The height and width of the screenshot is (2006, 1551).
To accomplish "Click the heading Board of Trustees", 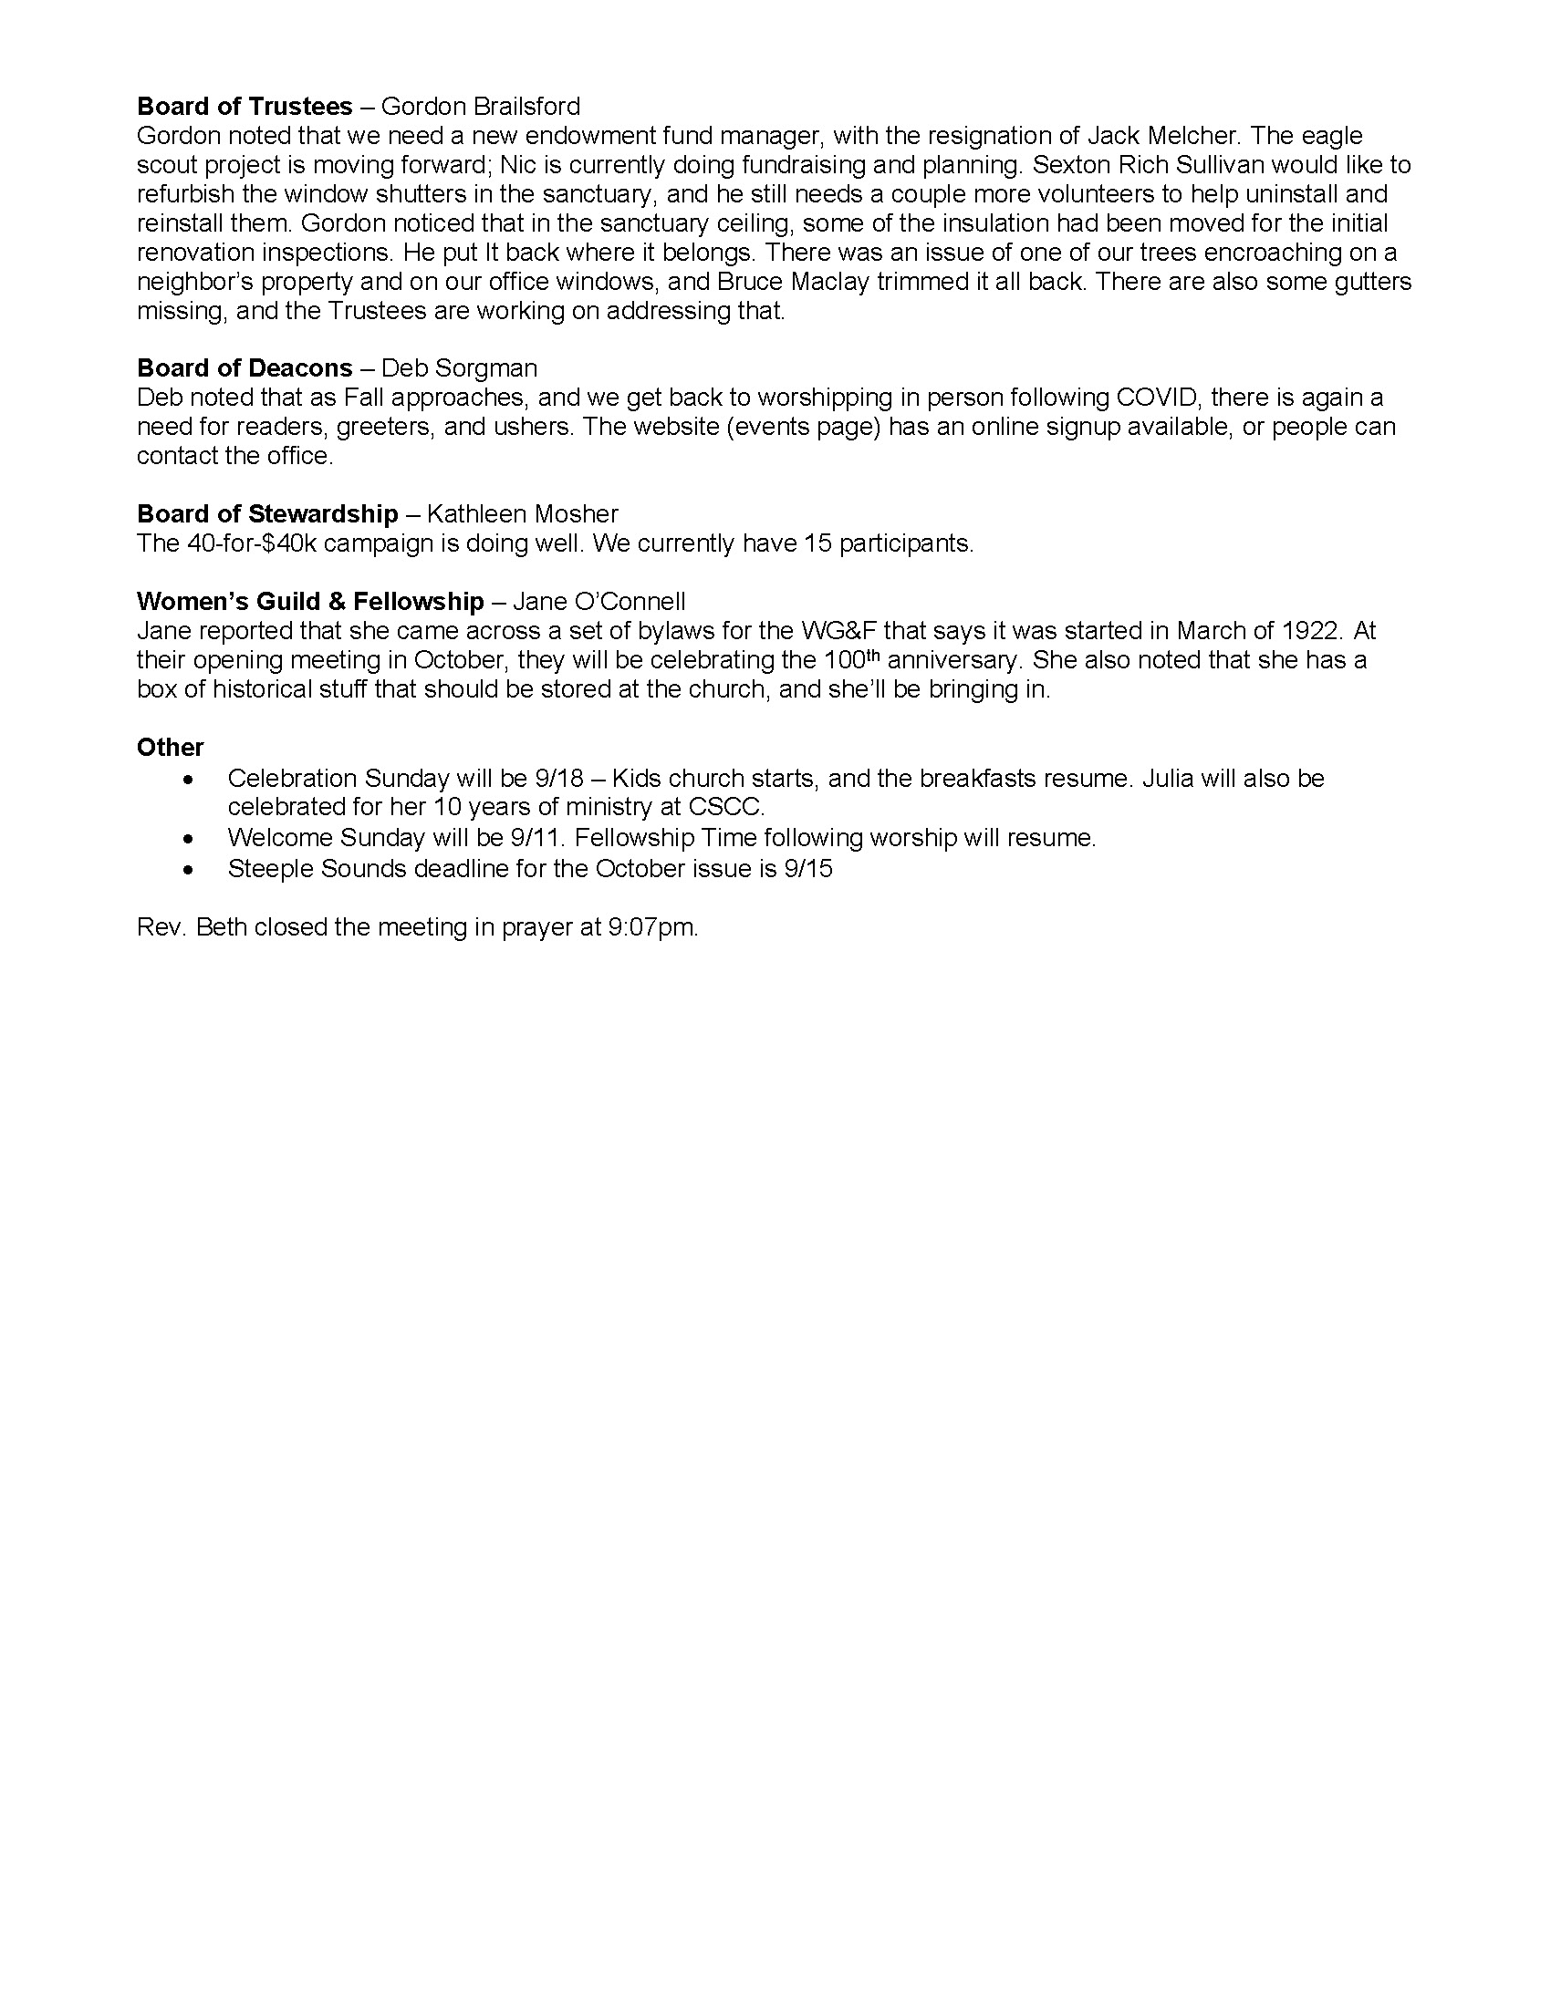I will [x=245, y=107].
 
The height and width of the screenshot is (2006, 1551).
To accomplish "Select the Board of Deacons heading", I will [x=245, y=368].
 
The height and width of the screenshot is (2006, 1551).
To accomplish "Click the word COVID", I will [x=1157, y=398].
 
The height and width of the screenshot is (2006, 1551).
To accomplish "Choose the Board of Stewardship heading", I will [x=267, y=514].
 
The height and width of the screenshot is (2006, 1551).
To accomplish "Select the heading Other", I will [x=170, y=748].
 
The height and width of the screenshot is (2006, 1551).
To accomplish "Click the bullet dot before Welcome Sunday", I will [x=188, y=839].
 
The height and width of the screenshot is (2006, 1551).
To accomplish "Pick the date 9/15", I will [x=808, y=869].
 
